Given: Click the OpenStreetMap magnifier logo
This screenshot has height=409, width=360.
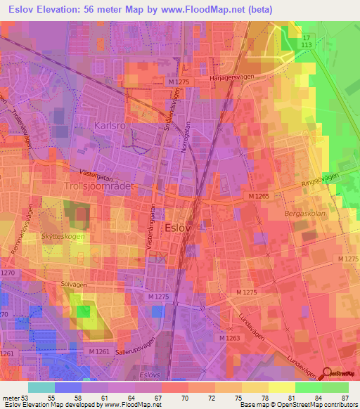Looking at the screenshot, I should click(326, 375).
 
